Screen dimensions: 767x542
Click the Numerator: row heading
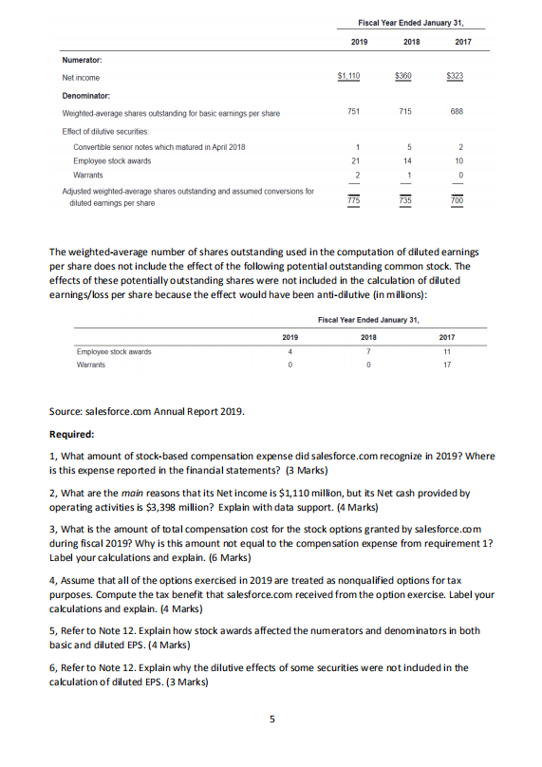82,60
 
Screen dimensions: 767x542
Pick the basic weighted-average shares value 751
352,113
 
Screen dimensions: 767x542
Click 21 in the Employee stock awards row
353,161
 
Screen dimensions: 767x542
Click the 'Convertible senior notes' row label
159,147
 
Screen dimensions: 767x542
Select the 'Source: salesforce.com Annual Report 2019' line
146,411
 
